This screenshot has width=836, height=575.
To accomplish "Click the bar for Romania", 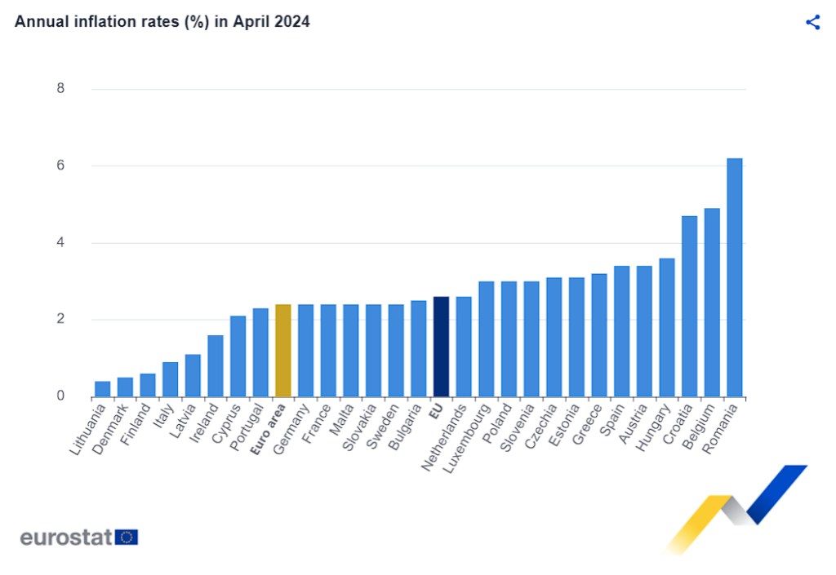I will tap(735, 277).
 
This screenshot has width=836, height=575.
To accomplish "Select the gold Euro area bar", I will tap(282, 351).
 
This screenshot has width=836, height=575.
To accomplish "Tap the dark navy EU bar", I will tap(441, 347).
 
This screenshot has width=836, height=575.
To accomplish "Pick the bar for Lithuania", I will tap(102, 389).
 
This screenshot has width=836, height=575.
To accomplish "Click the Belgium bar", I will tap(712, 303).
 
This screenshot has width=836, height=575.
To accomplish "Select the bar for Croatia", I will tap(689, 307).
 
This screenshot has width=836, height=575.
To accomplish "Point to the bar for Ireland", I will tap(215, 366).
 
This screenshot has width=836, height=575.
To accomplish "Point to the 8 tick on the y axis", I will tap(60, 89).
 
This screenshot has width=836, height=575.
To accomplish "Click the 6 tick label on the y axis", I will tap(60, 166).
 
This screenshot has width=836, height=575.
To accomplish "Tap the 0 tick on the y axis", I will tap(60, 397).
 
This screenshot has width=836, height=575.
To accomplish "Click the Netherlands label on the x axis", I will tap(443, 440).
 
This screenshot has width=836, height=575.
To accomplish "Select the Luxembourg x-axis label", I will tap(466, 440).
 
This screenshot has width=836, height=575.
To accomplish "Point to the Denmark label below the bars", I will tap(109, 429).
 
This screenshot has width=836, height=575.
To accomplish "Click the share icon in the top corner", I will tap(812, 22).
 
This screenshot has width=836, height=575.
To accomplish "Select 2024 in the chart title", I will tap(292, 22).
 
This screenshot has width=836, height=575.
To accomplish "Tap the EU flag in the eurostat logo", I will tap(127, 537).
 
